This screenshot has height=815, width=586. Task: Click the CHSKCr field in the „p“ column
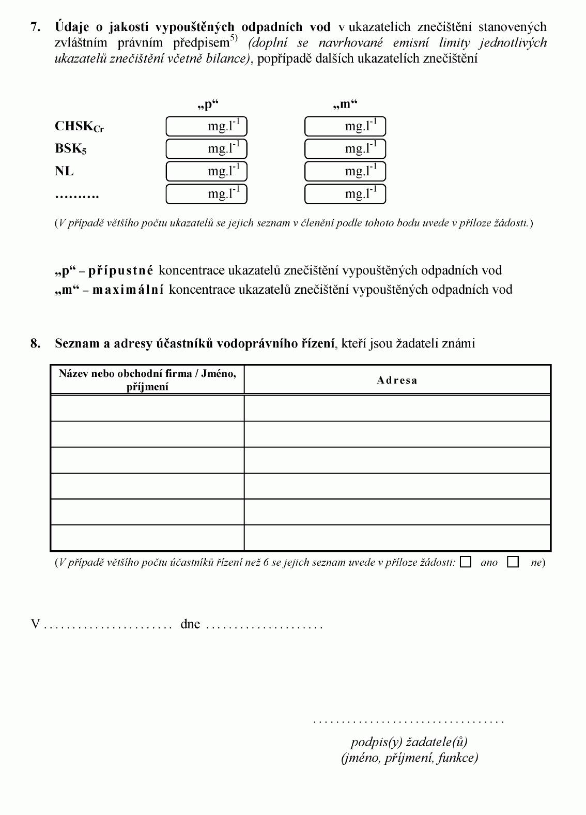pos(206,126)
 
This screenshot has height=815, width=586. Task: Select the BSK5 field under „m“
pos(345,149)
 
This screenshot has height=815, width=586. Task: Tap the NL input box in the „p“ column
pos(206,171)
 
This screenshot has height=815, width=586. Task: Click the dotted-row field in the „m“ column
pos(345,194)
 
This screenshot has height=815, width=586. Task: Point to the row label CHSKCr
pos(79,127)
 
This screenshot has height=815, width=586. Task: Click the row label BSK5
pos(71,149)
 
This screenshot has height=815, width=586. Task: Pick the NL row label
pos(64,171)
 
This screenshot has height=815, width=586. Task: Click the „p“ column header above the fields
pos(208,104)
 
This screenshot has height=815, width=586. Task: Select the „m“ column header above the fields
pos(345,104)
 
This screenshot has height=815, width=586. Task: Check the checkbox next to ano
pos(466,562)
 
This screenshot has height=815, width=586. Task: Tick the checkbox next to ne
pos(513,562)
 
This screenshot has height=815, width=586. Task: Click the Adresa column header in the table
pos(397,380)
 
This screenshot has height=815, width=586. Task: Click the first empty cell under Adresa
pos(397,408)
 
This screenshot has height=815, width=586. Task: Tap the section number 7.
pos(35,27)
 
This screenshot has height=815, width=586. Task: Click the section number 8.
pos(35,343)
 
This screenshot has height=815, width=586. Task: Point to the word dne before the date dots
pos(190,624)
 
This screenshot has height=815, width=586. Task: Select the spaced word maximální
pos(128,290)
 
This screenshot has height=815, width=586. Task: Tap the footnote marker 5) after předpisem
pos(234,38)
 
